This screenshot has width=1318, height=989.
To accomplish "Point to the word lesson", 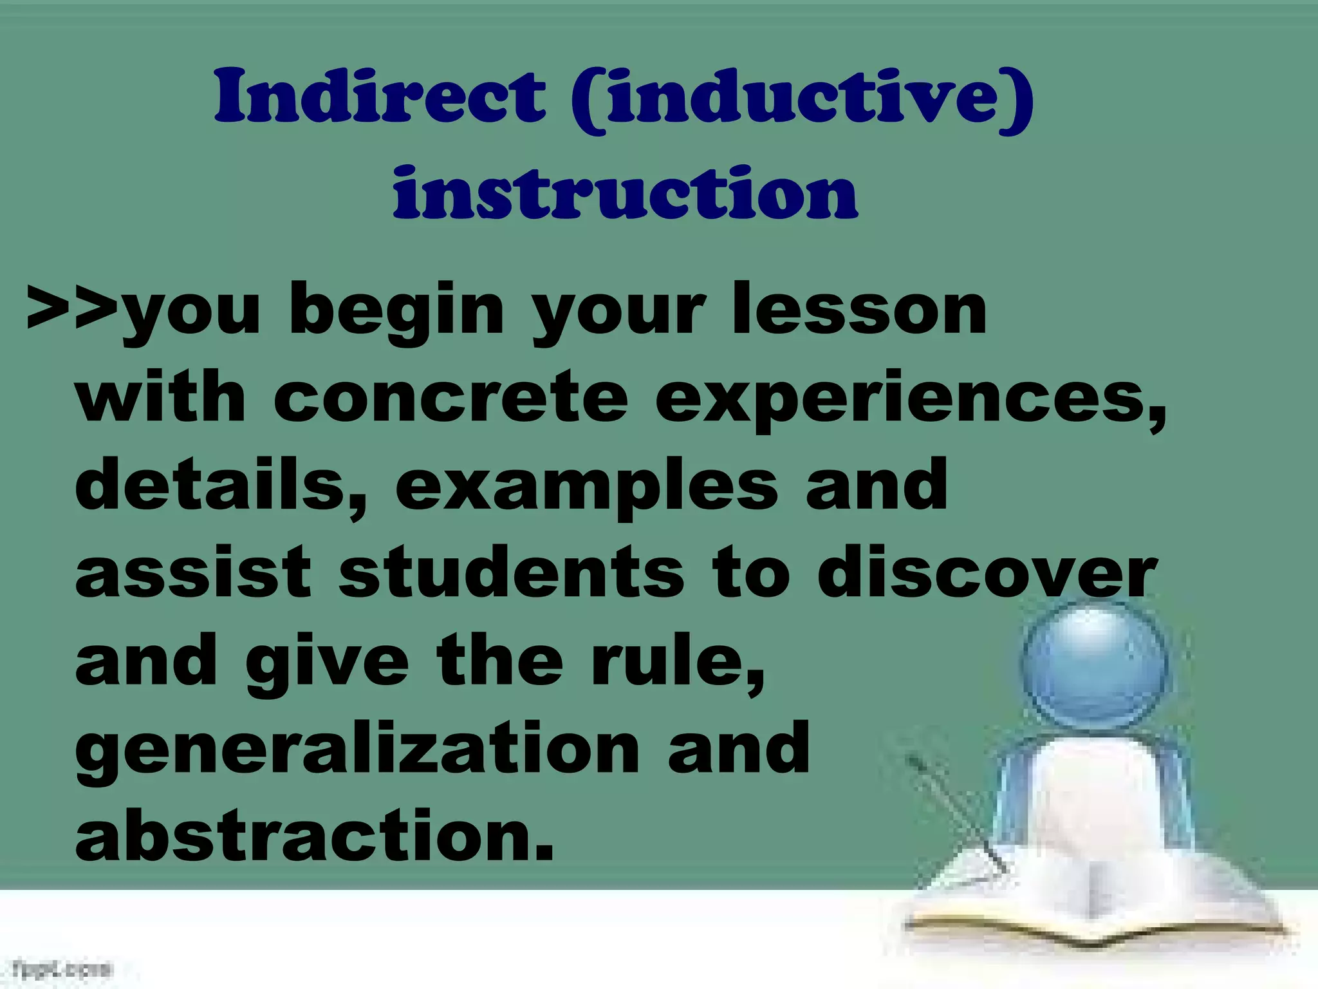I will pyautogui.click(x=859, y=310).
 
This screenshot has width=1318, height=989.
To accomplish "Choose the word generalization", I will pyautogui.click(x=357, y=750).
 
